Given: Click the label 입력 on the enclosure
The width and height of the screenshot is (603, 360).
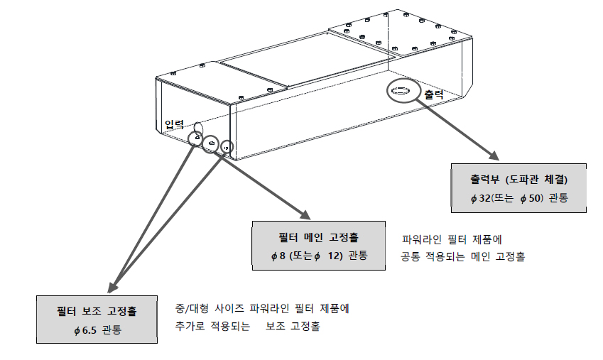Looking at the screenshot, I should (175, 124).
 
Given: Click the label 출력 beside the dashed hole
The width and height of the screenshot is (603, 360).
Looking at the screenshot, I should (433, 94).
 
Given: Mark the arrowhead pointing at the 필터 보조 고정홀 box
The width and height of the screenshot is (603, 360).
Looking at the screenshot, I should (112, 290).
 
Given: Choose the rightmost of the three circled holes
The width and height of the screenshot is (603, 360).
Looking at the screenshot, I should (226, 147).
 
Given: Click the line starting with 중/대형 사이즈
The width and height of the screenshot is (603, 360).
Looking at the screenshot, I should (262, 310).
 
